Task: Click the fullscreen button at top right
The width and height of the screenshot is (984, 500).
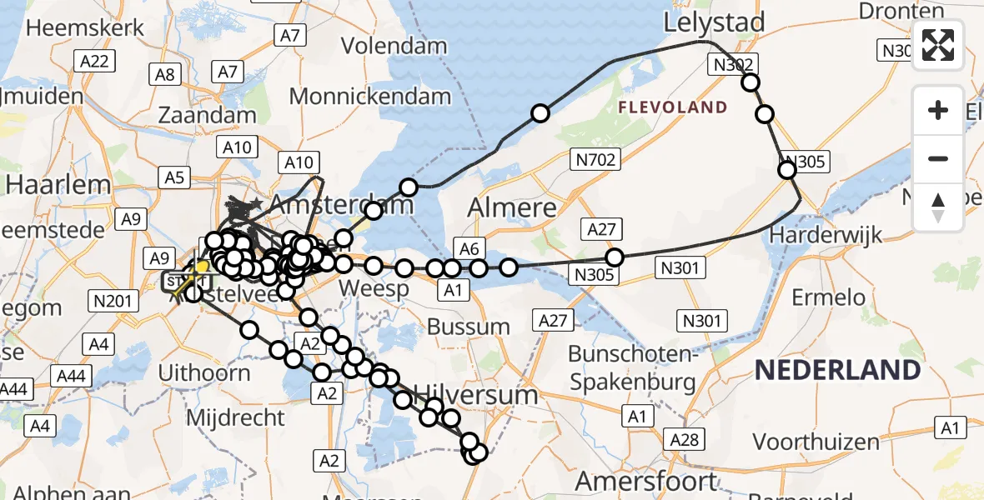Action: click(938, 45)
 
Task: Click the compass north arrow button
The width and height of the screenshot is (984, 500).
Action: click(938, 207)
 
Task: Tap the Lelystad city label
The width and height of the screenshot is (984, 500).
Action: click(715, 22)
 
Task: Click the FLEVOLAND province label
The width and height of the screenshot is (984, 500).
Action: click(673, 107)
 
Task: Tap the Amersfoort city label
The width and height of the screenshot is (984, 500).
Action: click(646, 481)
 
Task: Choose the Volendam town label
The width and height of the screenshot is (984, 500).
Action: click(394, 45)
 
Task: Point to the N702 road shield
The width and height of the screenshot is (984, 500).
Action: click(593, 157)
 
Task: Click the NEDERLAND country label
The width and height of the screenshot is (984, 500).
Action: click(837, 370)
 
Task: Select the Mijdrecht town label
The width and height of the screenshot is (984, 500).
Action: click(236, 417)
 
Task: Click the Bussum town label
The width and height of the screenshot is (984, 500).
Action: click(477, 327)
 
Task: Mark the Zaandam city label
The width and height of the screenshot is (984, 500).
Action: click(207, 115)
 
